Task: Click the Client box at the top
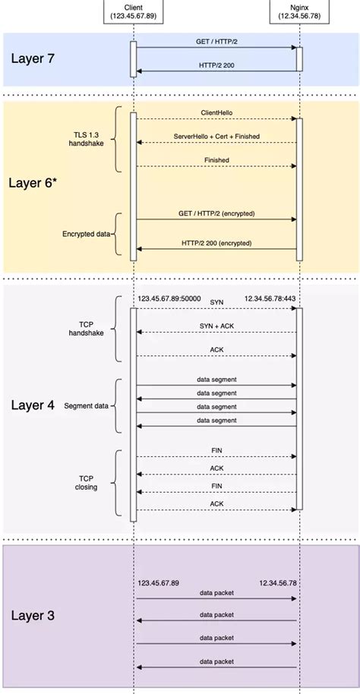coord(133,10)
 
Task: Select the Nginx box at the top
coord(299,10)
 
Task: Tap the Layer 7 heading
coord(33,58)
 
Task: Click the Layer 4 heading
coord(33,405)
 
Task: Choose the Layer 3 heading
coord(33,614)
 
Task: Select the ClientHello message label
coord(217,112)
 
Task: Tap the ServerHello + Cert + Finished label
coord(217,136)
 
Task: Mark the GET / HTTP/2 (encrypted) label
coord(217,213)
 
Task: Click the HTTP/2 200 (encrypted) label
coord(217,243)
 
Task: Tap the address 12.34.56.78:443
coord(270,299)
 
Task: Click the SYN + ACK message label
coord(217,325)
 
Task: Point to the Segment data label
coord(86,405)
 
